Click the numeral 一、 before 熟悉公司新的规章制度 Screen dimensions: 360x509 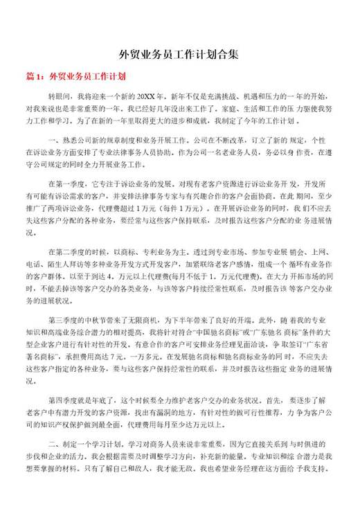53,140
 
